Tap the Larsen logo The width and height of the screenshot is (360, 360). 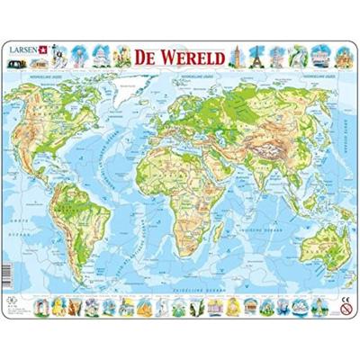point(34,52)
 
